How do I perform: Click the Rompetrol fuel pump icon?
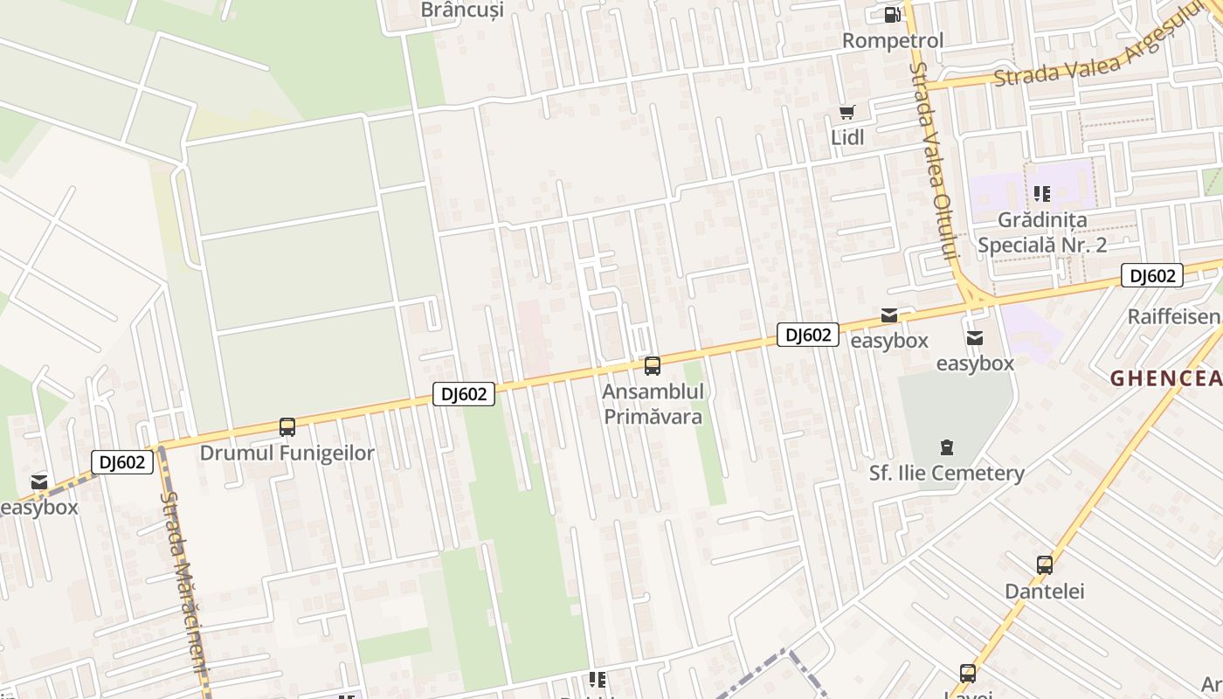[x=892, y=14]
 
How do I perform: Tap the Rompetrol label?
[x=893, y=40]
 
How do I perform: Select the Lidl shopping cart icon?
[x=846, y=112]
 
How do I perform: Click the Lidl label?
[x=847, y=137]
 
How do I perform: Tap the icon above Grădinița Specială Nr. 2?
[x=1041, y=193]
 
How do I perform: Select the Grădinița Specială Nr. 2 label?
[x=1042, y=232]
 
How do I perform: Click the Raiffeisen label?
[x=1173, y=316]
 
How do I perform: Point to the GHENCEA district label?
[x=1165, y=377]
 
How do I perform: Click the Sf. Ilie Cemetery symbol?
[x=946, y=448]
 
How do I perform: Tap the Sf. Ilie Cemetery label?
[x=946, y=474]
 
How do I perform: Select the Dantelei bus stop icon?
[x=1045, y=565]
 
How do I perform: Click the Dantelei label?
[x=1045, y=592]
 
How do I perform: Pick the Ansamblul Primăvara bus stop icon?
[x=652, y=366]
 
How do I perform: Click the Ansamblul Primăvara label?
[x=653, y=404]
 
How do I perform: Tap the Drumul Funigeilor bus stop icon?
[x=287, y=427]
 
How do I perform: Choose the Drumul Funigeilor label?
[x=287, y=453]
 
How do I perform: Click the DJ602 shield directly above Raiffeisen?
[x=1152, y=276]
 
